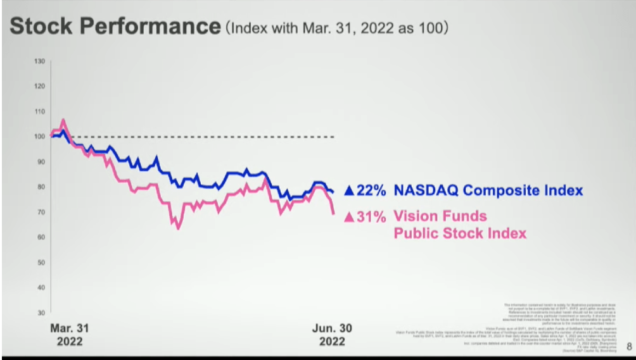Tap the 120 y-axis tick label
[x=39, y=86]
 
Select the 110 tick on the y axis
[x=39, y=111]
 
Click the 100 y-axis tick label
[x=39, y=136]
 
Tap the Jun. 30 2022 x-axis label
[x=333, y=335]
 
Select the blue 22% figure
[x=371, y=190]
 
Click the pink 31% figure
[x=371, y=216]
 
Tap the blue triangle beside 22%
[x=348, y=190]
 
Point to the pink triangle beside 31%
[x=348, y=217]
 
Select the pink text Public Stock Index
[x=460, y=233]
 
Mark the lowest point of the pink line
[x=178, y=228]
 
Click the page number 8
[x=628, y=346]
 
